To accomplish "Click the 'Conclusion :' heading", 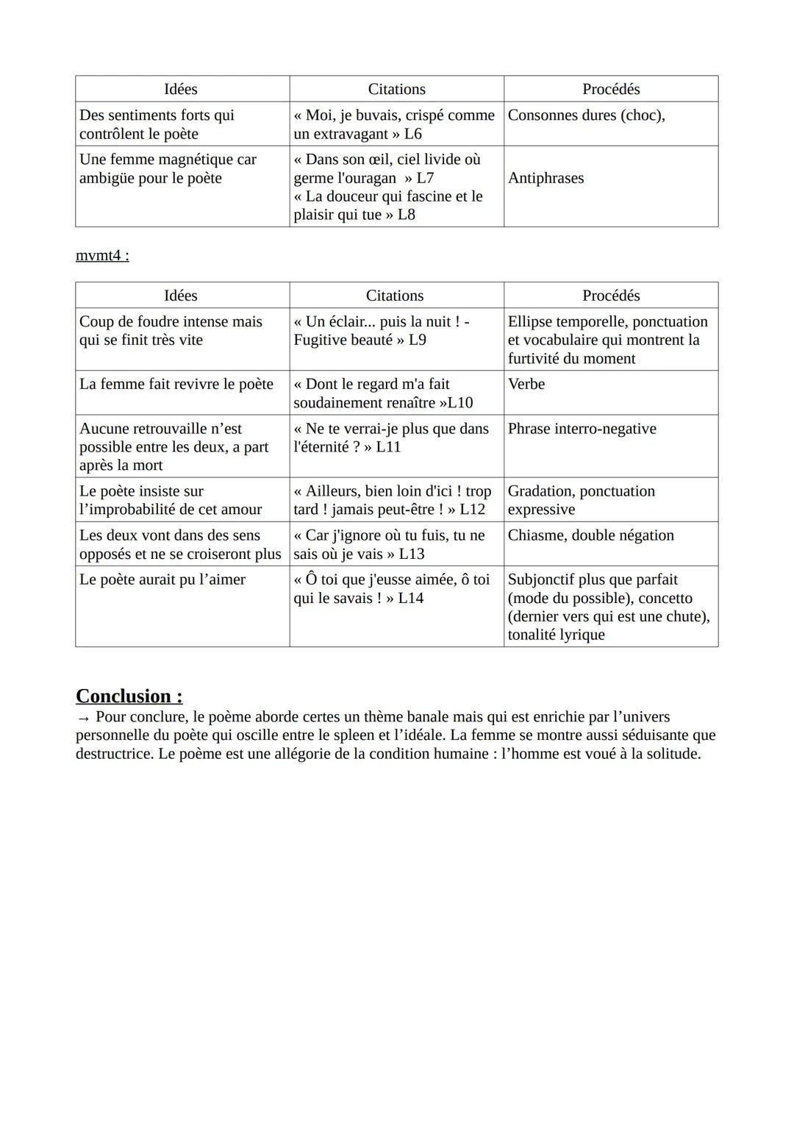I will [x=129, y=696].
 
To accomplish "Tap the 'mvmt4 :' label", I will [x=102, y=255].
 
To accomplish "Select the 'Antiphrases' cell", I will [x=546, y=178].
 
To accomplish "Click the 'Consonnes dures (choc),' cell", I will [x=586, y=115].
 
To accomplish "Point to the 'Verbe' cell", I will [x=526, y=384].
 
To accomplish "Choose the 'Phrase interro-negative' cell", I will [x=582, y=429].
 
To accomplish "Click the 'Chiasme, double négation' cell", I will [x=590, y=535].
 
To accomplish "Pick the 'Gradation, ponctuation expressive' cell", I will [x=581, y=500].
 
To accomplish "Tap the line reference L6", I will [x=413, y=134].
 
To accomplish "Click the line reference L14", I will [x=411, y=598].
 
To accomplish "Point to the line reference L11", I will [x=388, y=447].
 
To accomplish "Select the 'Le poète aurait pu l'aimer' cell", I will [x=162, y=580].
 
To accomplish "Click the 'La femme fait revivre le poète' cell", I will [x=176, y=384].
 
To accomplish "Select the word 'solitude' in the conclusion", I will [x=671, y=754].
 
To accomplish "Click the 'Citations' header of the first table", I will [x=396, y=89].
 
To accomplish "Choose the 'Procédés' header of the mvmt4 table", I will [x=611, y=296].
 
